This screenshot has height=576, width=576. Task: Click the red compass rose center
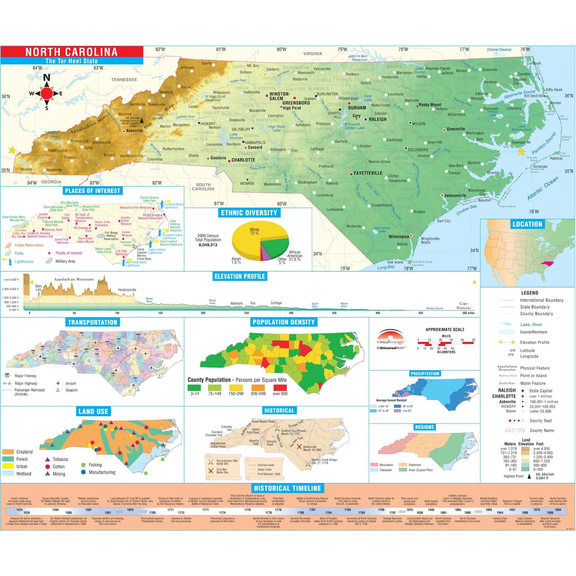click(46, 93)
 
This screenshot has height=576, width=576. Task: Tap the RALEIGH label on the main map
click(378, 120)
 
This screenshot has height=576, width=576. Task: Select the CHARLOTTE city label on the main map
click(243, 160)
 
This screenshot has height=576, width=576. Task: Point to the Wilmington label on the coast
click(399, 236)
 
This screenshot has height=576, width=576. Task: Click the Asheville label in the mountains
click(134, 130)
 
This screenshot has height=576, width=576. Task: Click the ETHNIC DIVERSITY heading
click(249, 213)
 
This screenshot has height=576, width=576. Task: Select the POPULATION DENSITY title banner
click(283, 322)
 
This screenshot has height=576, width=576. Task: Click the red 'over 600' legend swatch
click(280, 388)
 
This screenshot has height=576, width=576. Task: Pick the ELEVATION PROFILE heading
click(240, 276)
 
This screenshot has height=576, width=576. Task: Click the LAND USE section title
click(93, 411)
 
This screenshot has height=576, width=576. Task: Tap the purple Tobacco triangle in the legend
click(47, 459)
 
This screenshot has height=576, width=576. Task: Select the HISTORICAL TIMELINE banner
click(288, 488)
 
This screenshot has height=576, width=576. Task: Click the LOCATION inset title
click(527, 224)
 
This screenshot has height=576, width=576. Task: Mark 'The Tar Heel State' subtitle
click(71, 61)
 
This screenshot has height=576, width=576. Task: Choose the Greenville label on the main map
click(455, 129)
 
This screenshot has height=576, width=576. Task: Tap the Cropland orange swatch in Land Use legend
click(8, 452)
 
